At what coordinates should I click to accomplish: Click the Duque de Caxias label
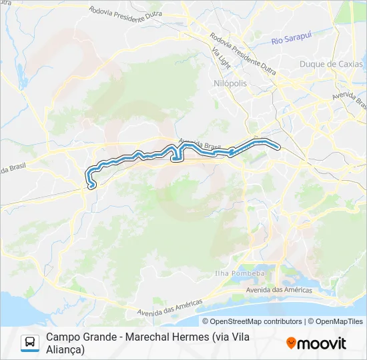click(332, 64)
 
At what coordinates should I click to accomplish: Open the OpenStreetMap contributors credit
click(256, 321)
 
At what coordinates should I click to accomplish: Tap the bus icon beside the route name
click(30, 343)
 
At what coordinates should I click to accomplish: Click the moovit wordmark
click(322, 343)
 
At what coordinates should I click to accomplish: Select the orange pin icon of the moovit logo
click(291, 343)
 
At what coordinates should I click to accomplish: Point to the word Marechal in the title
click(151, 337)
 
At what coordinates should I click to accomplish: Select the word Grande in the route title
click(101, 337)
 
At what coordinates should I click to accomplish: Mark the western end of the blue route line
click(91, 187)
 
